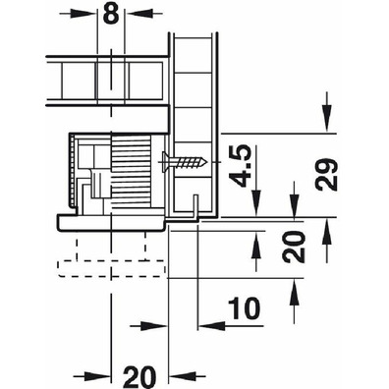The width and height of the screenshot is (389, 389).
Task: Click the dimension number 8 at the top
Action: click(x=111, y=13)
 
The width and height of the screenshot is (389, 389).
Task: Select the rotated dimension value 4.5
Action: click(x=240, y=166)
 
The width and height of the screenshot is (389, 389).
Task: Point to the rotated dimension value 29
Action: click(x=326, y=175)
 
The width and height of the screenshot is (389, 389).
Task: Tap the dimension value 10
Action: click(x=244, y=308)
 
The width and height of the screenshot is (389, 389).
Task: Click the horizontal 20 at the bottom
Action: click(x=139, y=377)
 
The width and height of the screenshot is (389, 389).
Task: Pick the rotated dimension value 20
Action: click(x=294, y=248)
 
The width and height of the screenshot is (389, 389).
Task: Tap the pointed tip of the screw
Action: click(x=207, y=162)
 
